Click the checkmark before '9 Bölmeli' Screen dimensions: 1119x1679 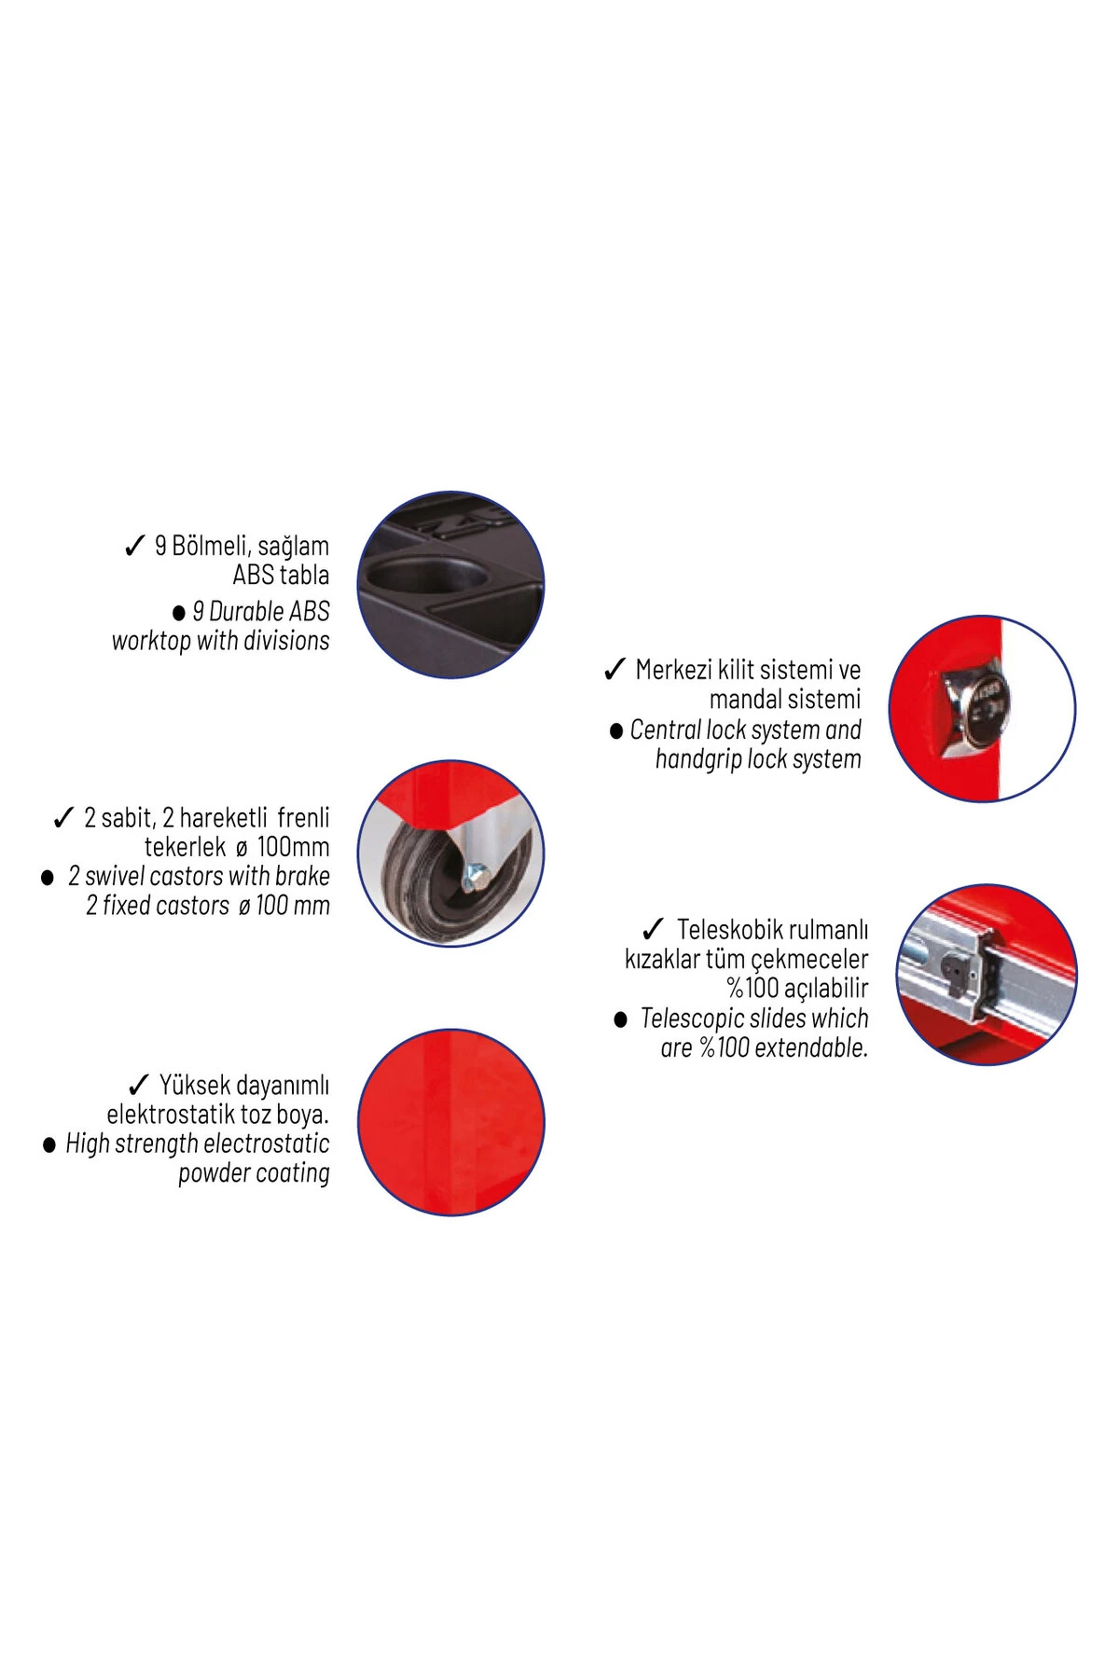(134, 546)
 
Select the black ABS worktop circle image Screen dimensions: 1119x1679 (451, 585)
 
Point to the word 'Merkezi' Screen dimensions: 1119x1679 (673, 670)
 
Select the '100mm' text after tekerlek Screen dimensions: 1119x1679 (294, 847)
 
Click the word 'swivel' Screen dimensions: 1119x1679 (115, 877)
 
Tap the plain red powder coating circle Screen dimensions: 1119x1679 (451, 1122)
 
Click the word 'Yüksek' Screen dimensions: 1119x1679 (197, 1086)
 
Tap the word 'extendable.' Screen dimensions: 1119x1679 (811, 1048)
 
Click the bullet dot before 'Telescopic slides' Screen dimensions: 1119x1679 (621, 1020)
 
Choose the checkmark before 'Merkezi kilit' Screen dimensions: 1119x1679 (615, 670)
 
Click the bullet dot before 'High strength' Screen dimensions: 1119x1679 (49, 1145)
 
